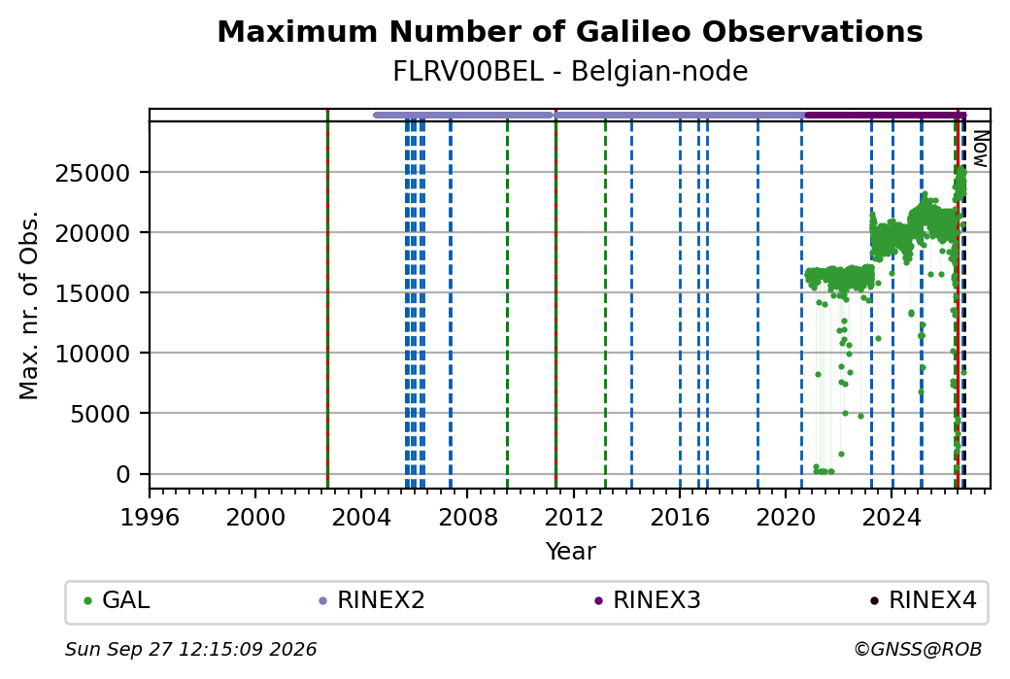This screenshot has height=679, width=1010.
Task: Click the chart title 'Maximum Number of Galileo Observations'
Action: pos(570,32)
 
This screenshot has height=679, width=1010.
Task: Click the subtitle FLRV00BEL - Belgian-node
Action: pos(570,72)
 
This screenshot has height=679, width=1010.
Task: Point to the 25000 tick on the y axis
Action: pos(93,173)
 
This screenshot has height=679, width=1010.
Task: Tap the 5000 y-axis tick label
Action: pos(100,414)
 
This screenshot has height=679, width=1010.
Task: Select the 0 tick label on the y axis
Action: pos(123,474)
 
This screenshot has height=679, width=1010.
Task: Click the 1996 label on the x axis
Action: pos(151,517)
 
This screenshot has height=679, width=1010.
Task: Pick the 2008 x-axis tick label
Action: pos(468,517)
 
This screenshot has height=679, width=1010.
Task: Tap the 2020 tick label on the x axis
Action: pos(786,517)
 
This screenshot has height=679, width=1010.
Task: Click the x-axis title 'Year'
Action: pos(571,552)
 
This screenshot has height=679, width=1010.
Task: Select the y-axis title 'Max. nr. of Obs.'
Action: pos(29,305)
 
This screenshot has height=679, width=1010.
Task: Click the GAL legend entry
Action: pos(118,600)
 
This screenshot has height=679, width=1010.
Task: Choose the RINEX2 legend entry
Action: pos(372,600)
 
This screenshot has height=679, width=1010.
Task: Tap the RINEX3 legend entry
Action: pos(648,600)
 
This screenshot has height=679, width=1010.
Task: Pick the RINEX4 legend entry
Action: pos(924,600)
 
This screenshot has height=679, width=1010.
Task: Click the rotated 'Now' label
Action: pos(980,149)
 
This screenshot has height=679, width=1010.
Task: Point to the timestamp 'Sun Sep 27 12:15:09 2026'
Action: pos(190,649)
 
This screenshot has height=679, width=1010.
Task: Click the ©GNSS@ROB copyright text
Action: pos(918,649)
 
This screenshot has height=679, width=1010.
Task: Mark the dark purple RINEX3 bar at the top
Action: pos(885,116)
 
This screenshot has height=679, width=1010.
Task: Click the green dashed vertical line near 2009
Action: pos(508,304)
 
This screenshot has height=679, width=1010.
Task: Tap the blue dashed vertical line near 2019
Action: pos(758,304)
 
